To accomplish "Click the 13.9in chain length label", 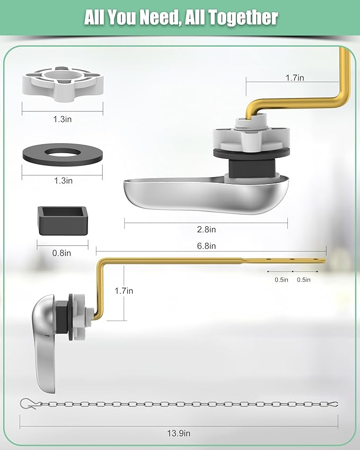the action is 179,433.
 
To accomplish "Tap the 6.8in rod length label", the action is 206,246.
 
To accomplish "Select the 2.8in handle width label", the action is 206,230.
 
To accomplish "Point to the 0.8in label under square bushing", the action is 62,253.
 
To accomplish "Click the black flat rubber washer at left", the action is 62,155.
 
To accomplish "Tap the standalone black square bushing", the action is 62,220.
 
